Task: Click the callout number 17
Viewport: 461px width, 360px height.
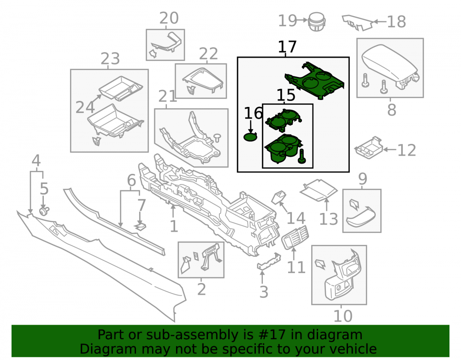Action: click(x=287, y=47)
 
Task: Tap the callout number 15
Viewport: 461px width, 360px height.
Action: click(x=286, y=95)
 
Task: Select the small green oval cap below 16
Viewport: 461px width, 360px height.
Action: click(x=250, y=136)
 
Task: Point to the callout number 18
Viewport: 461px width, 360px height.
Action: click(x=396, y=22)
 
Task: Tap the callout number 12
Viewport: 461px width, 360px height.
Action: click(x=407, y=150)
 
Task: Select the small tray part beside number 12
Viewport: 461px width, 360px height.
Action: click(x=369, y=147)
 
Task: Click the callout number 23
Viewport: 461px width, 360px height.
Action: click(x=110, y=59)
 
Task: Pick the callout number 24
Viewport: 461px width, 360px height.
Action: click(x=85, y=107)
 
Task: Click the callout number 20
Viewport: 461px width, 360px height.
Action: click(x=169, y=18)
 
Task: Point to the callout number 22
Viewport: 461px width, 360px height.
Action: click(x=208, y=54)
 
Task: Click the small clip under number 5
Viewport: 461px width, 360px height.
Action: click(x=44, y=211)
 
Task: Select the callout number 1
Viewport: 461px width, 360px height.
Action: click(x=174, y=226)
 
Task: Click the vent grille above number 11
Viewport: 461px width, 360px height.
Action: click(x=295, y=237)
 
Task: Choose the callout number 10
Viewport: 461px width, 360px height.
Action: click(x=343, y=316)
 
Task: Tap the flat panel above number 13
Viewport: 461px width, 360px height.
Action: click(x=319, y=190)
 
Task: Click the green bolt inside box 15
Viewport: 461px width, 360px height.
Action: click(x=301, y=156)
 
